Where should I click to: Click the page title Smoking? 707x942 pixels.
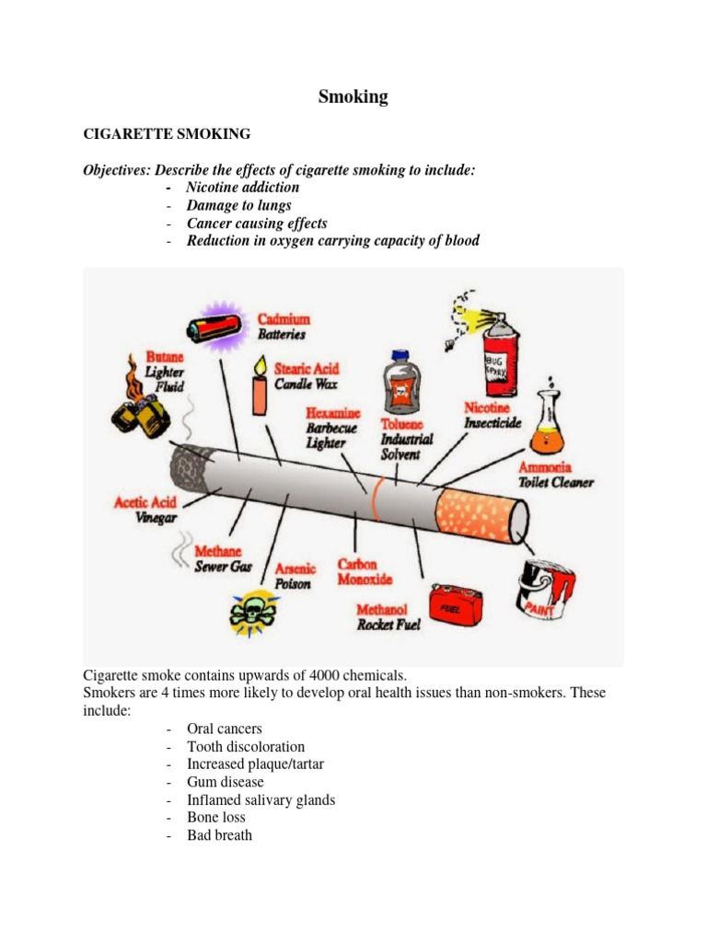tap(353, 97)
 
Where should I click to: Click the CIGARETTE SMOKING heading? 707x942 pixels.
tap(167, 134)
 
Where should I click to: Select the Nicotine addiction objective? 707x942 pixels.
tap(242, 188)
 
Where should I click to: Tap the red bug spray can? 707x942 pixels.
tap(502, 343)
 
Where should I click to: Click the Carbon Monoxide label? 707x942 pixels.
tap(364, 572)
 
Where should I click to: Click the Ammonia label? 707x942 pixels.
tap(547, 467)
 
